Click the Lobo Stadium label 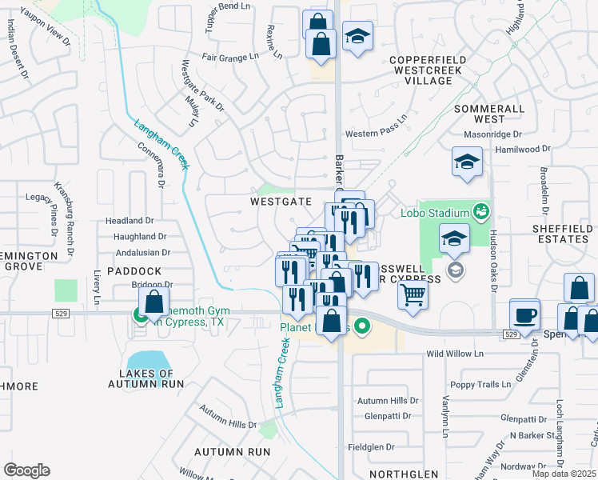434,213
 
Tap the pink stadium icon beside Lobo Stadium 480,212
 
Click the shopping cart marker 413,294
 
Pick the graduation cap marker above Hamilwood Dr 467,162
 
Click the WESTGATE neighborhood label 280,202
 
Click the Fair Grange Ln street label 230,57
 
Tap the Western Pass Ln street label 375,134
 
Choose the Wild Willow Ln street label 456,353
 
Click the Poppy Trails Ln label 479,384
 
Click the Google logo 26,470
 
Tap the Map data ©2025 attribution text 564,474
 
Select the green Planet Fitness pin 361,326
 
